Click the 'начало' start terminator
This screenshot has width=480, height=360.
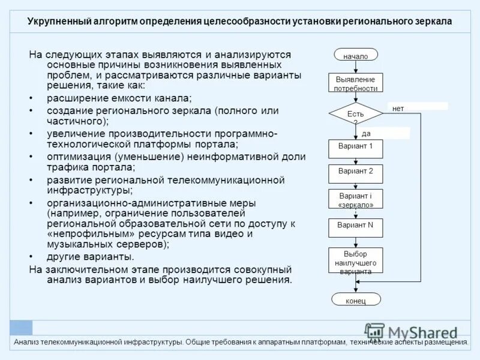click(x=355, y=55)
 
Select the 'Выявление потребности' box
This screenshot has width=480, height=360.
click(x=355, y=83)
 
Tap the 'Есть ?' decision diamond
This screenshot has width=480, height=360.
click(x=355, y=114)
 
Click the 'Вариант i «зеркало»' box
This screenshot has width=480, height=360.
click(x=355, y=199)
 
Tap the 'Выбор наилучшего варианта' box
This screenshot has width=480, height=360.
click(x=355, y=262)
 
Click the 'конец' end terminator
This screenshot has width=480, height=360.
click(x=355, y=299)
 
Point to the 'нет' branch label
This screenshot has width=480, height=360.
click(x=398, y=109)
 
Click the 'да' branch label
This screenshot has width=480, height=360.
click(x=366, y=134)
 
